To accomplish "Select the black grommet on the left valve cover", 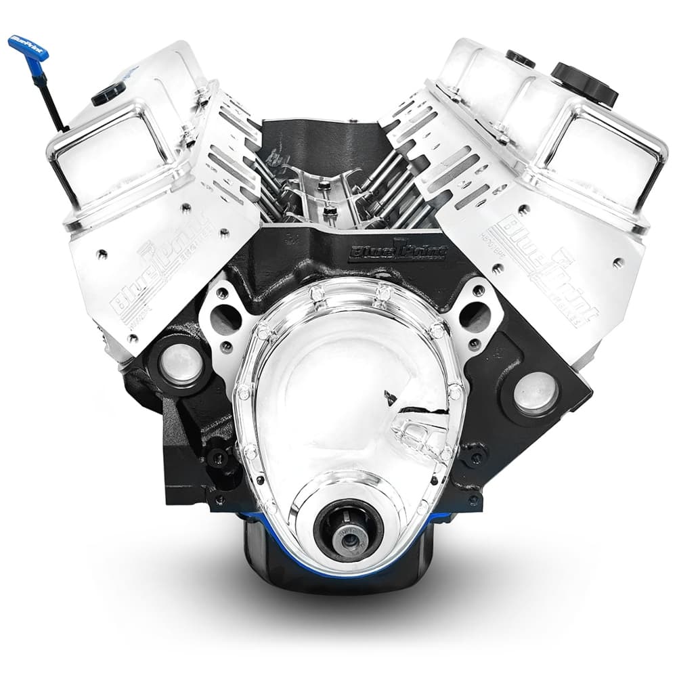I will point(108,93).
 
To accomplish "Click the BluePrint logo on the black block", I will point(398,253).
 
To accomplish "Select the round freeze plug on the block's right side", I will point(535,393).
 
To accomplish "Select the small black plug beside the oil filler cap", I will point(520,58).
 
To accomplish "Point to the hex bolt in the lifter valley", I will point(330,211).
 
